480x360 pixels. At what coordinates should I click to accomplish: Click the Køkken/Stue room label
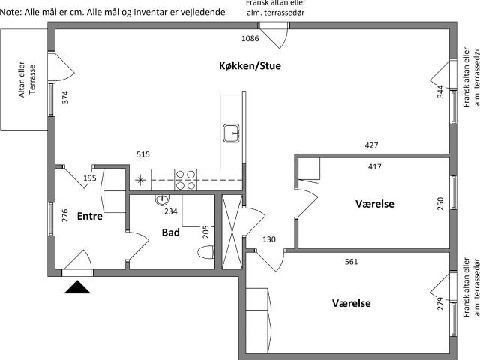tap(250, 65)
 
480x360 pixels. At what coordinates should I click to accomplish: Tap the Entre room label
tap(90, 216)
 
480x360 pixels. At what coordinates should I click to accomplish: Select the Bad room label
tap(170, 232)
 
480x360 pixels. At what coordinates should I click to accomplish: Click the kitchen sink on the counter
tap(232, 133)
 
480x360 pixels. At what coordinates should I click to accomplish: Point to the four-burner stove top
tap(185, 180)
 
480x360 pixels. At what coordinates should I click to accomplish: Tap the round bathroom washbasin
tap(162, 200)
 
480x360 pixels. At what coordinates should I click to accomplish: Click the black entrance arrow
tap(77, 286)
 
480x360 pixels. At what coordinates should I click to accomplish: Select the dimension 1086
tap(250, 38)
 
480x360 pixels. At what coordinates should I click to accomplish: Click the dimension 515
tap(143, 154)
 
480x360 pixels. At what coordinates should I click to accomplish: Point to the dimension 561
tap(352, 262)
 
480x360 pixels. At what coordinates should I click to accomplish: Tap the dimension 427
tap(372, 145)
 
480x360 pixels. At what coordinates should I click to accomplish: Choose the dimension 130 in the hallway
tap(269, 239)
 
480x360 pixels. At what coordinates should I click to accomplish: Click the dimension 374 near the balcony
tap(65, 97)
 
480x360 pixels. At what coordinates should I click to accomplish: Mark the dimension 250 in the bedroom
tap(440, 203)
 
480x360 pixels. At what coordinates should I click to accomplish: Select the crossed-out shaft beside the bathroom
tap(232, 232)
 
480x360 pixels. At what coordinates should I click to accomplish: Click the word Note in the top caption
tap(10, 12)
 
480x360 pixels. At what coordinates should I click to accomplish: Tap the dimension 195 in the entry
tap(90, 178)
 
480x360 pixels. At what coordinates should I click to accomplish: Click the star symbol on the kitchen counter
tap(140, 180)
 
